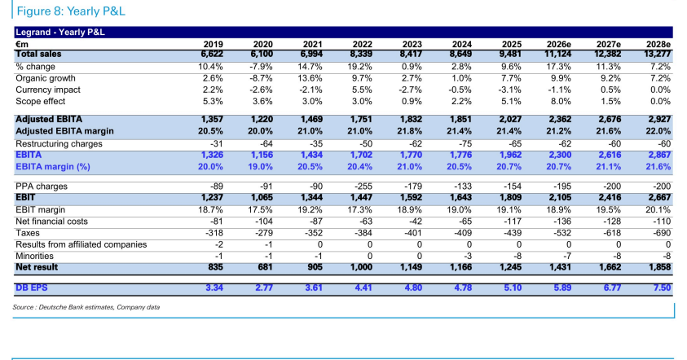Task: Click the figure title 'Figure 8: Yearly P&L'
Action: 71,11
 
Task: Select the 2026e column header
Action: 558,44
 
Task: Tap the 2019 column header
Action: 213,44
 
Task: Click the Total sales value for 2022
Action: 362,54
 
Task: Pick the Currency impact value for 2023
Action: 410,90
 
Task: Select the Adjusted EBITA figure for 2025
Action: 511,119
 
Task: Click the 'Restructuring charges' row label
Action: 59,143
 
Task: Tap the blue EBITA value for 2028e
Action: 660,155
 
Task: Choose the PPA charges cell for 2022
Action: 363,187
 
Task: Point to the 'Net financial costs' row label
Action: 51,222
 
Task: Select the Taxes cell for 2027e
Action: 613,233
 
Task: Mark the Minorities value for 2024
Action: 468,257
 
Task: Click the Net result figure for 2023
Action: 412,267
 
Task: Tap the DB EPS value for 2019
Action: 214,288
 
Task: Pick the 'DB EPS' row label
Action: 32,288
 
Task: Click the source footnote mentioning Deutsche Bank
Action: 86,307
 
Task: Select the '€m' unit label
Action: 22,44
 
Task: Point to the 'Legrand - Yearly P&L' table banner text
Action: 60,32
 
